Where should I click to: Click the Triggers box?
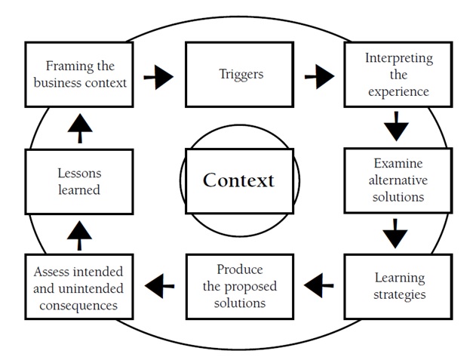tap(238, 75)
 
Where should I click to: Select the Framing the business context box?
tap(79, 74)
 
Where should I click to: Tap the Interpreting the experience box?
tap(398, 75)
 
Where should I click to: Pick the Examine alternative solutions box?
tap(398, 180)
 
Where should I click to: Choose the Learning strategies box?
tap(398, 285)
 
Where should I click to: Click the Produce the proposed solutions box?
tap(238, 286)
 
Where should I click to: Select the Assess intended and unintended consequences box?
tap(79, 287)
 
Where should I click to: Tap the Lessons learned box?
tap(79, 181)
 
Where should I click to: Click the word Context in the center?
tap(238, 180)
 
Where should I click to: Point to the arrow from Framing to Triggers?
tap(158, 75)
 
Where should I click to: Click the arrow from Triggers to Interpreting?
tap(319, 75)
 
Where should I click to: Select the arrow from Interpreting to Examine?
tap(395, 126)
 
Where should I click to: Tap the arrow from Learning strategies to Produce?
tap(319, 285)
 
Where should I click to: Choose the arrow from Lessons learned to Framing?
tap(79, 129)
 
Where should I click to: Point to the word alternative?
tap(398, 180)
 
